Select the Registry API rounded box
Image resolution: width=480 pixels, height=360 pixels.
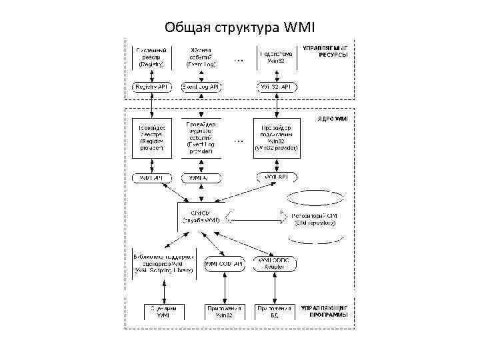[153, 87]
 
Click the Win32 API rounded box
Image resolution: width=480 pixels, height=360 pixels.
[275, 87]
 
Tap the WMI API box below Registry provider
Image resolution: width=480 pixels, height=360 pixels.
[153, 177]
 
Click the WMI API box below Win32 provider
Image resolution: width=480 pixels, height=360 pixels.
[275, 177]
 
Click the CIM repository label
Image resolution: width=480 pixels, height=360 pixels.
[315, 219]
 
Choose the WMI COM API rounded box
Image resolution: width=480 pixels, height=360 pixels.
[225, 265]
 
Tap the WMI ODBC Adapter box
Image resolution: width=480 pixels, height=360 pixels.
[275, 265]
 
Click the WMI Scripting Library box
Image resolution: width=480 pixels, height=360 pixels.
[163, 264]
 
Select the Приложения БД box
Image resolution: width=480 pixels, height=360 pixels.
[275, 313]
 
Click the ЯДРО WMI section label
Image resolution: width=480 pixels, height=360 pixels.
[331, 118]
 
